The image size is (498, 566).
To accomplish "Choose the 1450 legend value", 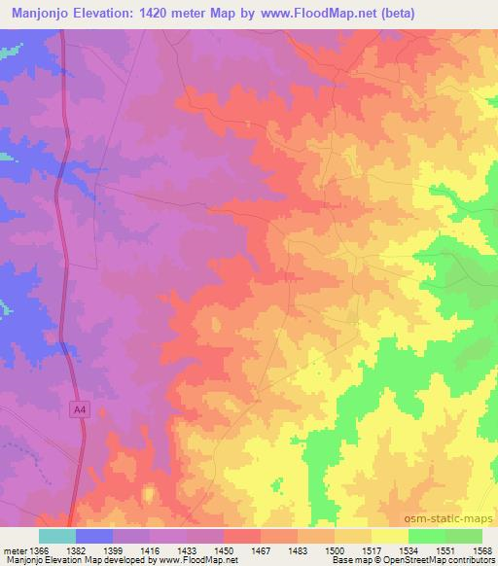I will (x=224, y=549).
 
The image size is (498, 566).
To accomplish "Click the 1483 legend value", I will (x=298, y=549).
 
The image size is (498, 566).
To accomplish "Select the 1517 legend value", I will (x=372, y=549).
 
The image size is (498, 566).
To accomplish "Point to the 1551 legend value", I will (x=445, y=549).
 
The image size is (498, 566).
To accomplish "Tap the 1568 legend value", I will (x=482, y=549).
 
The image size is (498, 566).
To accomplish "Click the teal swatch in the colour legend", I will (x=57, y=536).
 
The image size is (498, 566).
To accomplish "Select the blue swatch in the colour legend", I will (x=94, y=536).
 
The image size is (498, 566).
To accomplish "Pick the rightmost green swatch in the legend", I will (x=464, y=536).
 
